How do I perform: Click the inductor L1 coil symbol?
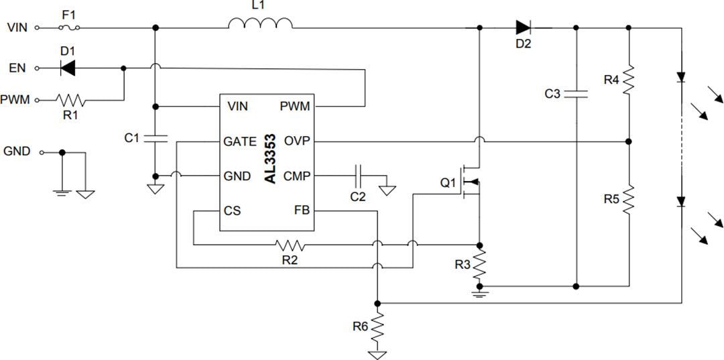[260, 24]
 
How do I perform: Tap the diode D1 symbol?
[67, 68]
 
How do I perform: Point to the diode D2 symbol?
[524, 27]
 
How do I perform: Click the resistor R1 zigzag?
[70, 100]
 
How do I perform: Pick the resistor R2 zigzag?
[290, 245]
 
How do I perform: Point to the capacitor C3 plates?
[576, 94]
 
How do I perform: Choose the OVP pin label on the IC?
[296, 141]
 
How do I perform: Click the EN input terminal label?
[17, 68]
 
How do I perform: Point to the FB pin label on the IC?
[302, 211]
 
